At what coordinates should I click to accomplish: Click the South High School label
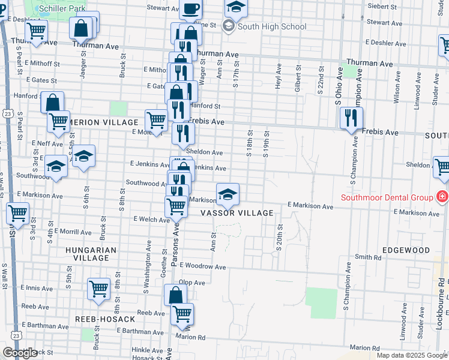tap(272, 26)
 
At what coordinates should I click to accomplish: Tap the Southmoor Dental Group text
tap(387, 197)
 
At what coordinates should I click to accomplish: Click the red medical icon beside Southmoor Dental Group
tap(442, 196)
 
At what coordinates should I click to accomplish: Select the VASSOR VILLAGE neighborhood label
tap(237, 213)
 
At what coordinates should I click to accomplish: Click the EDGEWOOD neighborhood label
tap(406, 250)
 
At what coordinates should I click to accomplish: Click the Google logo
tap(20, 353)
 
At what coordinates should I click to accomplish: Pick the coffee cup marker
tap(191, 9)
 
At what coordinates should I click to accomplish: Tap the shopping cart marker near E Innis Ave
tap(98, 289)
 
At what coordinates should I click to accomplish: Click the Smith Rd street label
tap(368, 257)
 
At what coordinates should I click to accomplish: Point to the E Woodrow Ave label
tap(202, 266)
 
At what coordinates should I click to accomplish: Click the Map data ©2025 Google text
tap(411, 355)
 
